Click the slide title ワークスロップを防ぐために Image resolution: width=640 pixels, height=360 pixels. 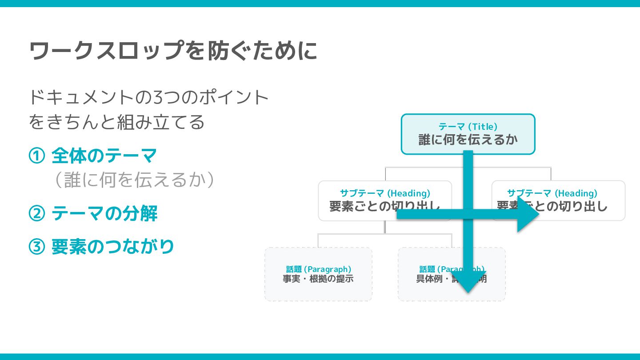click(x=173, y=51)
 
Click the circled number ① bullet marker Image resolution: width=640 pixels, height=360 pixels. click(x=36, y=156)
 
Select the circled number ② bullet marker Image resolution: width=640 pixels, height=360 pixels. click(x=36, y=214)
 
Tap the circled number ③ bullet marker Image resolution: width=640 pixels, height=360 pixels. click(x=36, y=247)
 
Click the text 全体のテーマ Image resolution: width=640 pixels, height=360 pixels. click(x=104, y=156)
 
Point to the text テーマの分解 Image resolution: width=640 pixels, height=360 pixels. click(x=104, y=214)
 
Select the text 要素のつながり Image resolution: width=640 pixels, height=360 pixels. click(x=112, y=247)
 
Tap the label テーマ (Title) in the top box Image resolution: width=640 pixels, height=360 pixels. click(x=468, y=127)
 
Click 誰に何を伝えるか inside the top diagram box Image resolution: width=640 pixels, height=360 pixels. click(x=468, y=140)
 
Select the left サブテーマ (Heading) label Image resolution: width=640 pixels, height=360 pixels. click(x=385, y=193)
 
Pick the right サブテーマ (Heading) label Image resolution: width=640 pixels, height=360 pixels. click(x=552, y=193)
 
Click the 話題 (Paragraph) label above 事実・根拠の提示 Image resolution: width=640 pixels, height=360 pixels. click(x=318, y=269)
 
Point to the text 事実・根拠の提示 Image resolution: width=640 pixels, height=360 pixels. click(x=318, y=279)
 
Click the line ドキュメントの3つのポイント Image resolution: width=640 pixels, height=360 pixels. click(x=149, y=97)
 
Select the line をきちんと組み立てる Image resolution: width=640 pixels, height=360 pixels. click(x=116, y=122)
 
